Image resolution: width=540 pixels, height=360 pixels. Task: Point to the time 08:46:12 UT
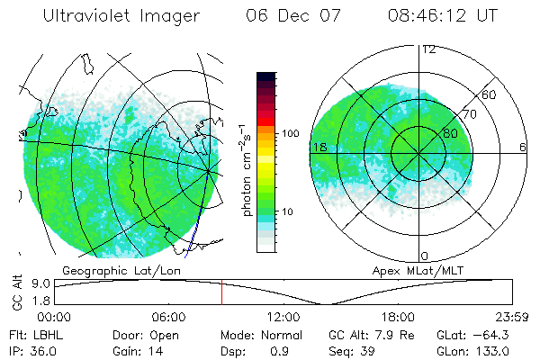[444, 16]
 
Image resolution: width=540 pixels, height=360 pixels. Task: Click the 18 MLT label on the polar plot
[319, 147]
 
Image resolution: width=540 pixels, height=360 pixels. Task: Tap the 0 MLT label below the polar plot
[425, 256]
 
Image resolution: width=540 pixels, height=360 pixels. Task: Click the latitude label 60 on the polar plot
[490, 94]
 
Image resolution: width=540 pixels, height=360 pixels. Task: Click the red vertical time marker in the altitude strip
[221, 292]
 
